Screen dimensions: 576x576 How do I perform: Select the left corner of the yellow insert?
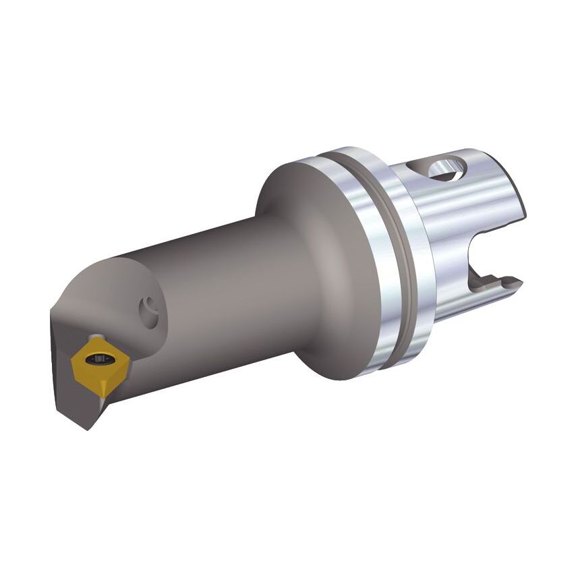(x=73, y=365)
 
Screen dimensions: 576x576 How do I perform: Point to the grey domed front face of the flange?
(x=317, y=256)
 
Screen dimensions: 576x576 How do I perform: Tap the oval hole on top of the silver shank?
(x=446, y=168)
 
